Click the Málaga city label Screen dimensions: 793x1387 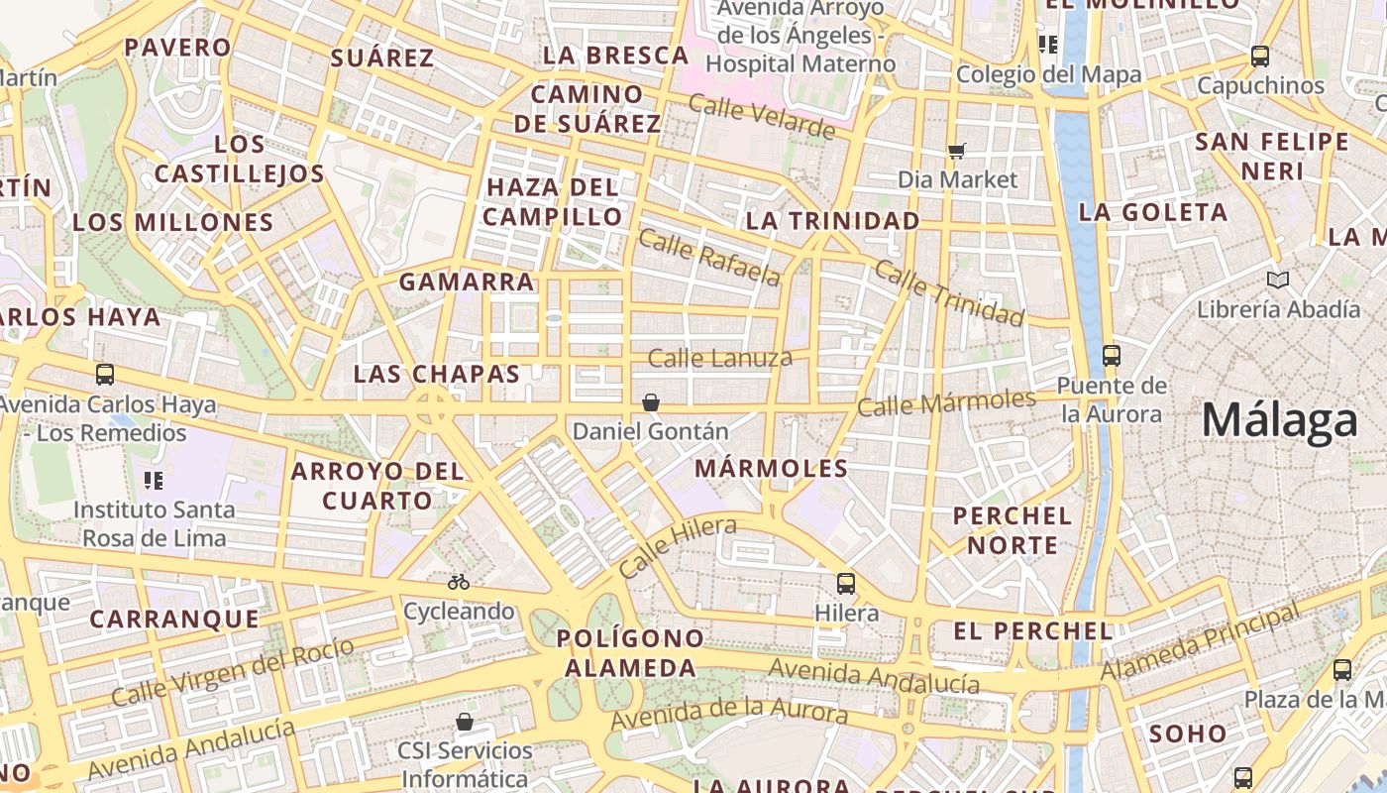pos(1279,420)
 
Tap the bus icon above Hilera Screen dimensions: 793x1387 pos(845,584)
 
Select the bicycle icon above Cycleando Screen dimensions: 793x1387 pos(458,582)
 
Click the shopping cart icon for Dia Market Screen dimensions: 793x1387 pos(956,151)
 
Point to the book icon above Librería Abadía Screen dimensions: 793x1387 pos(1278,281)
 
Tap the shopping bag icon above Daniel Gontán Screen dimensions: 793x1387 pos(651,402)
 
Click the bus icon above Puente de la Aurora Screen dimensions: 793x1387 pos(1111,355)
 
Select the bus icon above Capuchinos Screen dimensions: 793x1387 pos(1259,57)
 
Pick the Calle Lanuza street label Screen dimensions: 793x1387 pos(720,358)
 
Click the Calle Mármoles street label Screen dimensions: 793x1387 pos(946,402)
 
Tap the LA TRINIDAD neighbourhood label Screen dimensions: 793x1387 pos(832,221)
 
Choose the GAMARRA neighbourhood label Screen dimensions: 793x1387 pos(467,283)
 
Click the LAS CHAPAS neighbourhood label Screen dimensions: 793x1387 pos(437,374)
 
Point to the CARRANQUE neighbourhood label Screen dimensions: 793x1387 pos(174,620)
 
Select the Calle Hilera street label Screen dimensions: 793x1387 pos(677,547)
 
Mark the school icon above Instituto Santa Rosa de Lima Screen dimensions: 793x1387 pos(154,481)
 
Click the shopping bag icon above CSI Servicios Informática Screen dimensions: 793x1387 pos(464,722)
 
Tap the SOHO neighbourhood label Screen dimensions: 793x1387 pos(1188,734)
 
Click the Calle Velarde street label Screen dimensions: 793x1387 pos(762,116)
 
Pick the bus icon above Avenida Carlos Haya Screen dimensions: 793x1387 pos(105,375)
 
